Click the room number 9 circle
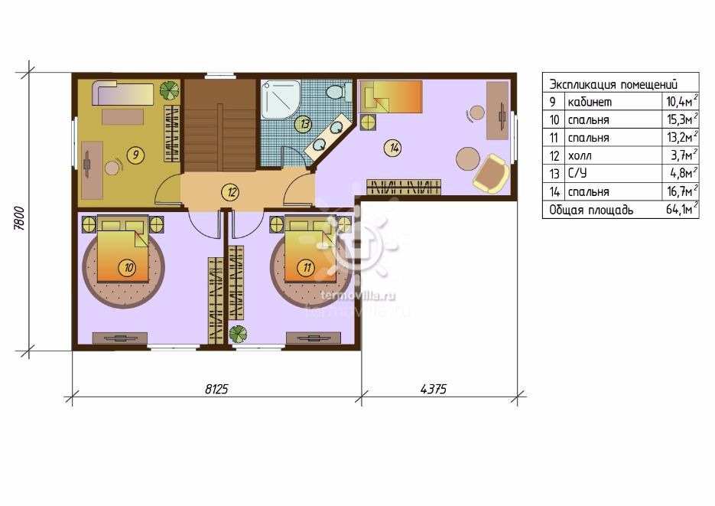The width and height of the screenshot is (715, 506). point(135,155)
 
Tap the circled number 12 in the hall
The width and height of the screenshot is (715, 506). point(232,191)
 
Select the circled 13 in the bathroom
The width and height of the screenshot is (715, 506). point(303,124)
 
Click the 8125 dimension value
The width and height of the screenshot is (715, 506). point(216,389)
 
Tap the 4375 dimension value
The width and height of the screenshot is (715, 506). point(433,389)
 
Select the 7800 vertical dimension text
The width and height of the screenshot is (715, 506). point(18,218)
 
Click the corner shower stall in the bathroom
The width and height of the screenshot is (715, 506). point(280,100)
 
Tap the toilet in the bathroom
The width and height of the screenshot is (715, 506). point(338,92)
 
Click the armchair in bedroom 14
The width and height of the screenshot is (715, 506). point(491,173)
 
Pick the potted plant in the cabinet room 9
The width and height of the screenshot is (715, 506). point(169,90)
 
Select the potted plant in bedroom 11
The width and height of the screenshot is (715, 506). point(238,334)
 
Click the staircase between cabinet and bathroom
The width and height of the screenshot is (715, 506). point(219,125)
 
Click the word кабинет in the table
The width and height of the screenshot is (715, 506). point(590,103)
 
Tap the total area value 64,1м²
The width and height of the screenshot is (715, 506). point(682,209)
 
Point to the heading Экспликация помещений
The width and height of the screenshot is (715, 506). point(613,84)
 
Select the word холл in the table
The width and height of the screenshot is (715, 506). point(580,156)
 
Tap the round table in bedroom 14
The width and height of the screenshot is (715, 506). point(468,158)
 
